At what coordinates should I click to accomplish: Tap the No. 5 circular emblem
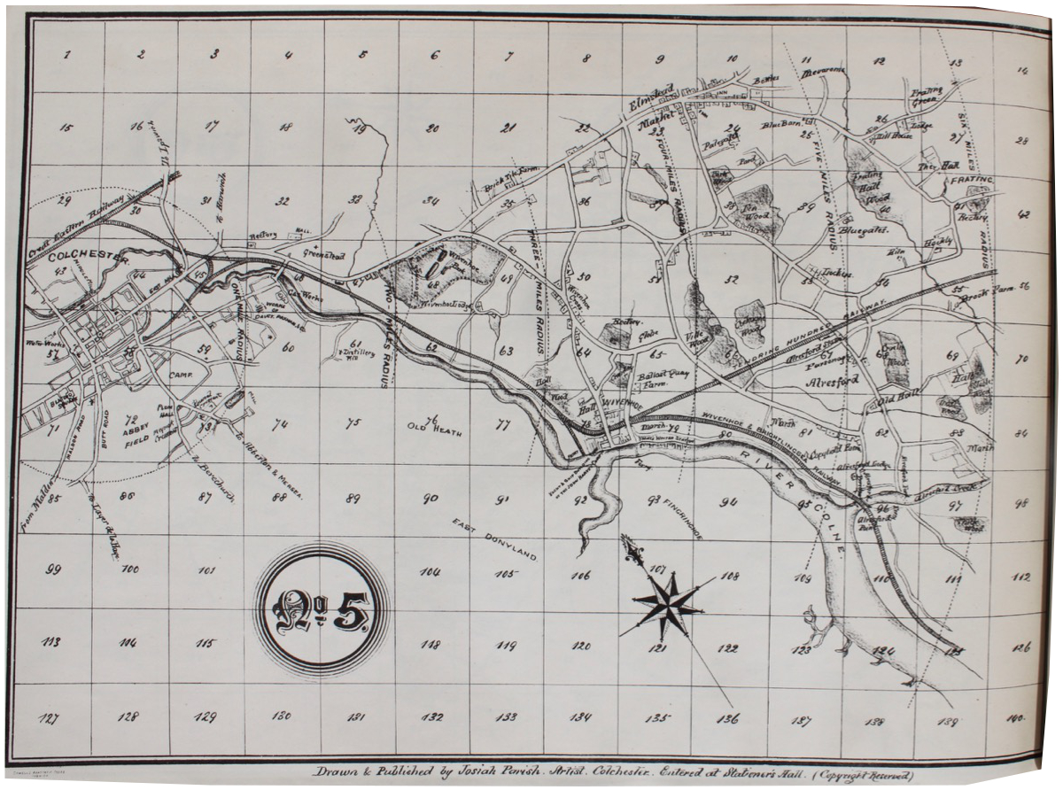click(x=322, y=609)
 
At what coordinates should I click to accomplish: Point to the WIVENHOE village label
click(x=618, y=409)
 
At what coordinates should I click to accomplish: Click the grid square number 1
click(x=67, y=55)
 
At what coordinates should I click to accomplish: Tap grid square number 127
click(x=50, y=718)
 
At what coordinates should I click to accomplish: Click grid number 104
click(x=431, y=572)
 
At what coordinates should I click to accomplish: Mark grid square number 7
click(x=508, y=57)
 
